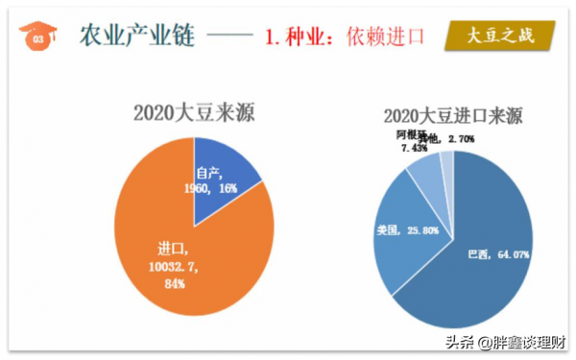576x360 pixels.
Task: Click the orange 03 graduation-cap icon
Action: tap(37, 37)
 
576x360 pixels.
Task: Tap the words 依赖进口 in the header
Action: tap(384, 38)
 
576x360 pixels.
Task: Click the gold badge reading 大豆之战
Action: tap(502, 37)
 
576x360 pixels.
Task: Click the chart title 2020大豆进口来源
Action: tap(452, 117)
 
